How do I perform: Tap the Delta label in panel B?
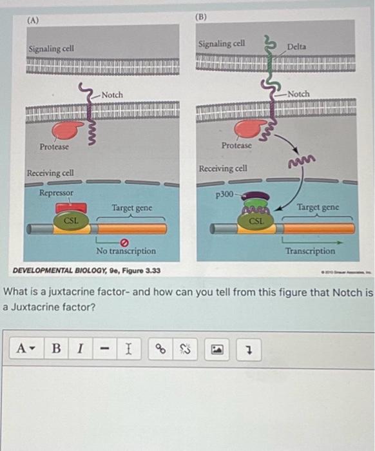coord(297,46)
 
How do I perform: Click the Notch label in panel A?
coord(111,95)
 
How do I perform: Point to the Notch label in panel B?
coord(298,93)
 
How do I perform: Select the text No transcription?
coord(126,251)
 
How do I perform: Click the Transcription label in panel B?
coord(311,251)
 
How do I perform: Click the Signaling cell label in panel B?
coord(222,44)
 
